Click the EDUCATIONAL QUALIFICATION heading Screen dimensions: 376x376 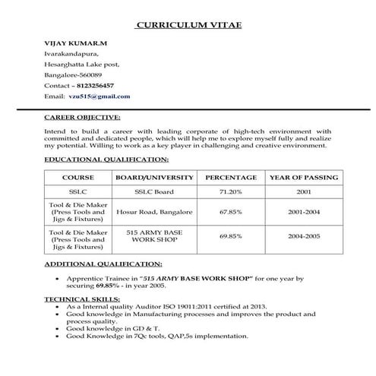coord(106,160)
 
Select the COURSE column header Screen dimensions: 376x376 coord(78,177)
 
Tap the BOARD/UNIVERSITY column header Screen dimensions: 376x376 coord(154,177)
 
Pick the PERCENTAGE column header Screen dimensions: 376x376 coord(230,177)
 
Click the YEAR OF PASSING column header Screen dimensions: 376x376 coord(303,177)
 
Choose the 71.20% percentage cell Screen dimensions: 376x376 coord(230,192)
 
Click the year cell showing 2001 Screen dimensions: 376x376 coord(303,192)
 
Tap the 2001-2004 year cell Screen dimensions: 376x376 coord(303,212)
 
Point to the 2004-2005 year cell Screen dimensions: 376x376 coord(303,236)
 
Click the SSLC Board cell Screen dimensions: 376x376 coord(154,192)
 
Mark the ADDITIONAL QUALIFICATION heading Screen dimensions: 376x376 coord(103,264)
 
